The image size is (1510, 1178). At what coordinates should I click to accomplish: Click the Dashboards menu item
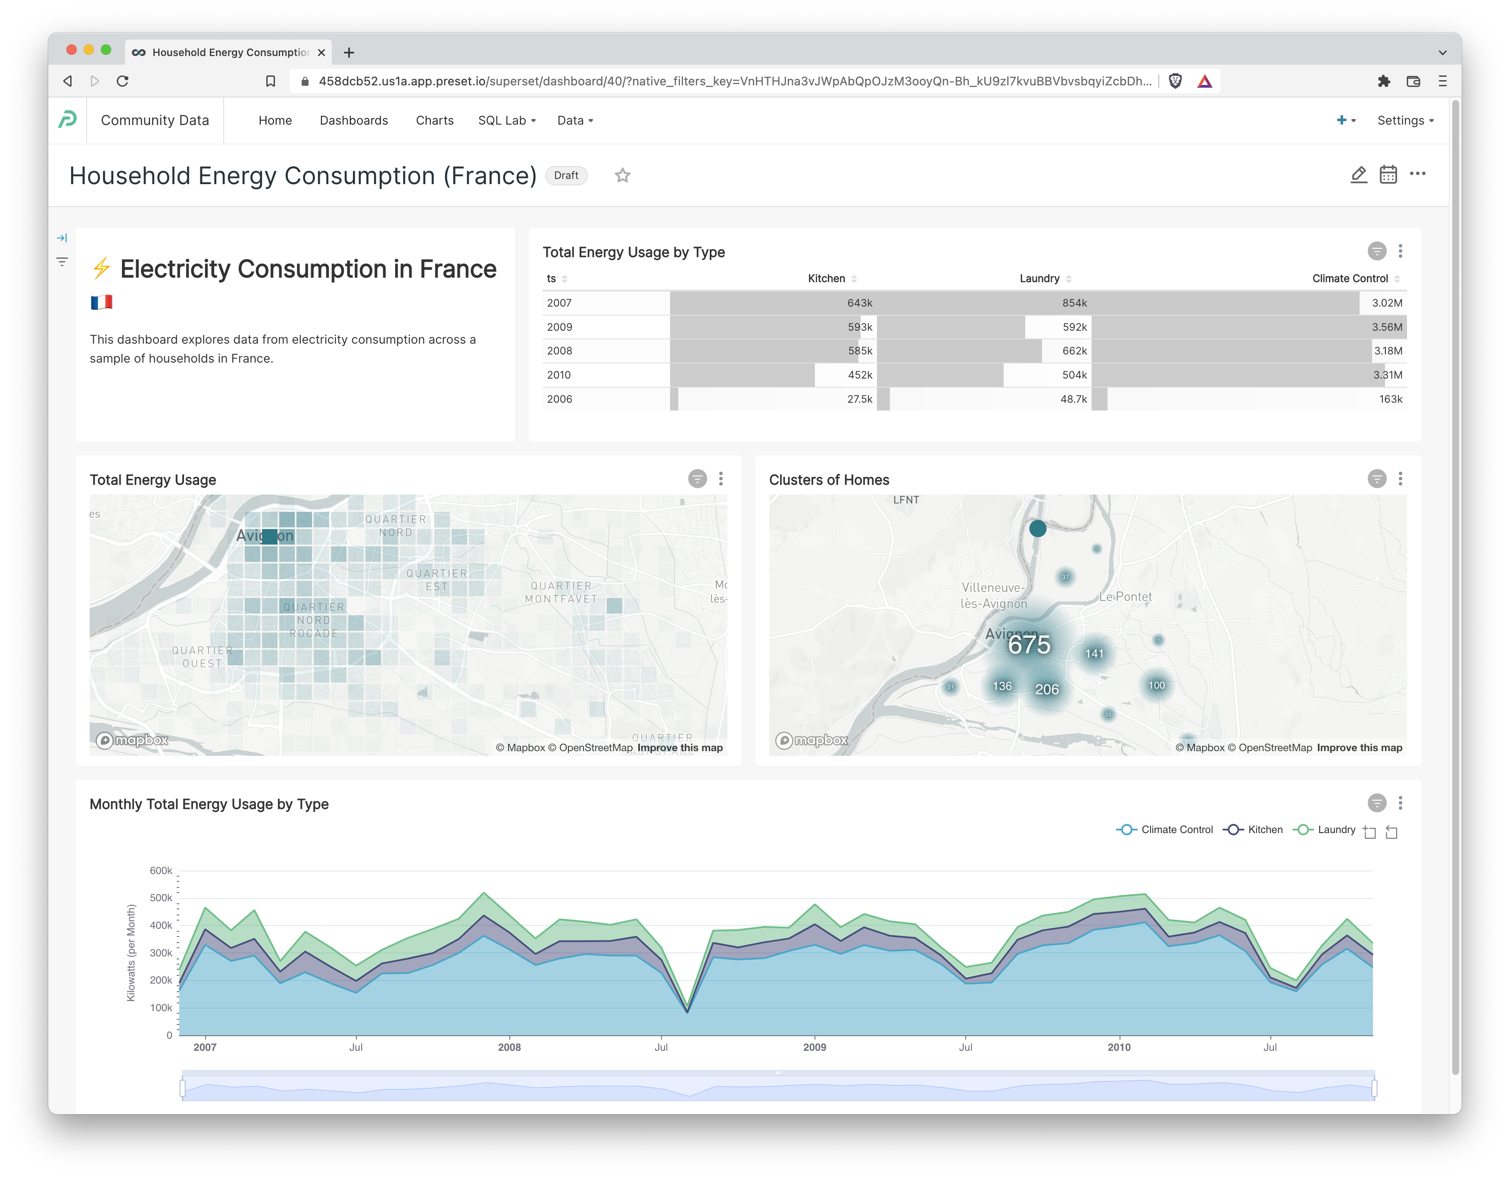point(353,120)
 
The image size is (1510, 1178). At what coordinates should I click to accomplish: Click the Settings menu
point(1404,120)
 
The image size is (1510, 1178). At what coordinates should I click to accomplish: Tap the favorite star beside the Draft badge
point(622,175)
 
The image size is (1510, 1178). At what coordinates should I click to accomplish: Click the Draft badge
point(565,175)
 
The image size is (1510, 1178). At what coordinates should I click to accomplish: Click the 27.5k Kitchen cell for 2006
point(859,399)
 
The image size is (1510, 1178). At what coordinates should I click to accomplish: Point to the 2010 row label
point(558,375)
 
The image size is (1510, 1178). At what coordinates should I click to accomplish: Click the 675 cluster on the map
point(1029,645)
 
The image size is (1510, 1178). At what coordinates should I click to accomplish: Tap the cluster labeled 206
point(1046,689)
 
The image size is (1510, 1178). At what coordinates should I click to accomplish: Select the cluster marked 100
point(1156,686)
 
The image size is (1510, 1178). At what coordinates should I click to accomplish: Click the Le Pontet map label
point(1125,596)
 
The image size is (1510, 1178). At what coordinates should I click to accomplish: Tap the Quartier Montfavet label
point(561,592)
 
